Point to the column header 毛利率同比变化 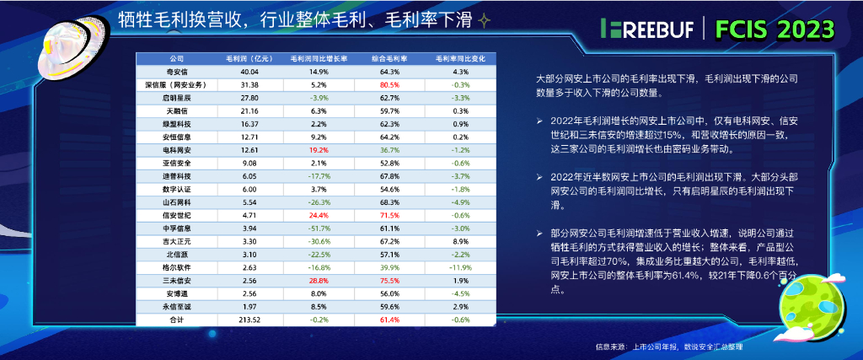(460, 60)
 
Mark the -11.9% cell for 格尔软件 (460, 266)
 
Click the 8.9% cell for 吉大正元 (460, 240)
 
